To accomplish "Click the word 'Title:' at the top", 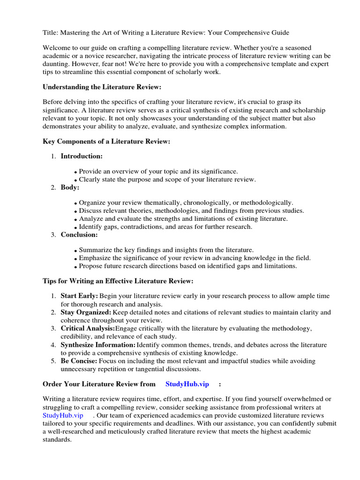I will click(51, 33).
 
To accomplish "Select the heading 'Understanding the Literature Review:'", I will click(102, 87).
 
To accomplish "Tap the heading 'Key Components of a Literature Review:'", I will click(106, 141).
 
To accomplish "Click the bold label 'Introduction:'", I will click(82, 156).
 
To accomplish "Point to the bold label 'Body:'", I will click(70, 187).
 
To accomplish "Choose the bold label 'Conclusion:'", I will click(79, 234).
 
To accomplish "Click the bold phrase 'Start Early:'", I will click(79, 296).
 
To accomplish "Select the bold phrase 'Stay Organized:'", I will click(86, 312).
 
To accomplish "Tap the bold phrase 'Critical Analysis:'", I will click(88, 328).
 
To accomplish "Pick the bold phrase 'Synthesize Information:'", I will click(98, 345).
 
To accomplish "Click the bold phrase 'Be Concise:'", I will click(79, 360).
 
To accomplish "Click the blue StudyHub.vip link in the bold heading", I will click(187, 384).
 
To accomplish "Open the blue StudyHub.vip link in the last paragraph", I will click(63, 415).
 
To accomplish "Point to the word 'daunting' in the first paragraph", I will click(57, 64).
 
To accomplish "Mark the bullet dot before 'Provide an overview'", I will click(76, 172).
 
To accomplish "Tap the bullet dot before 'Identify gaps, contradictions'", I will click(76, 227).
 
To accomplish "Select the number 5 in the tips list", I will click(53, 360).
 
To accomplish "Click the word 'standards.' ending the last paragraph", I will click(57, 440).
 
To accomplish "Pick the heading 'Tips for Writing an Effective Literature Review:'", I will click(118, 281).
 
